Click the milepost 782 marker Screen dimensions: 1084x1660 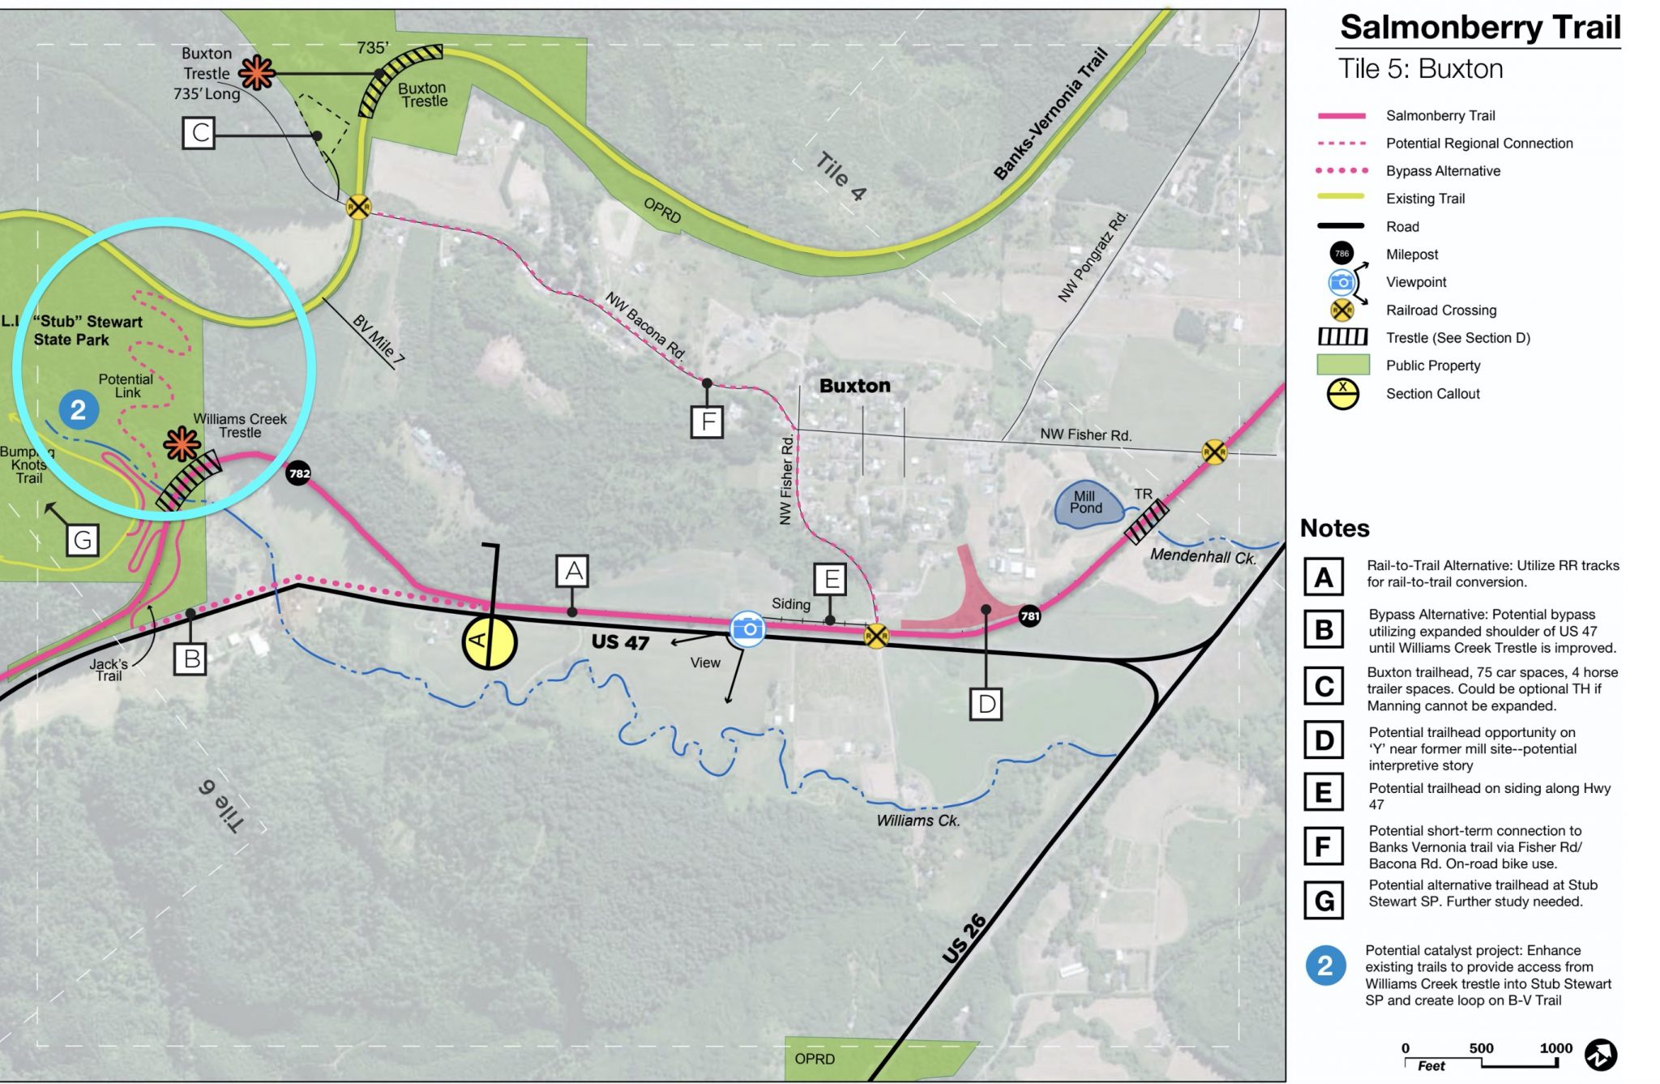coord(299,473)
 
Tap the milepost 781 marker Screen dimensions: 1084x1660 coord(1029,616)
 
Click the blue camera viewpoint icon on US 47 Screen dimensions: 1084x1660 coord(747,629)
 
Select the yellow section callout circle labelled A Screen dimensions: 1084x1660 coord(489,642)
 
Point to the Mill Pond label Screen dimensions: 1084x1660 coord(1086,503)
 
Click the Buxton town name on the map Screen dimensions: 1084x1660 coord(854,386)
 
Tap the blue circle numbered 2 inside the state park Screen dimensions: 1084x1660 coord(79,409)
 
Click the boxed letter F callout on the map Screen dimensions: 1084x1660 coord(708,422)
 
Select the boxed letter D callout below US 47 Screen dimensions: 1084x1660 coord(986,704)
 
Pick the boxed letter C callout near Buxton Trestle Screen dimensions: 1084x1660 coord(199,133)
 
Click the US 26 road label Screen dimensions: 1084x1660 coord(965,939)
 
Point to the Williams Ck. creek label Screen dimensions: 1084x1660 coord(918,820)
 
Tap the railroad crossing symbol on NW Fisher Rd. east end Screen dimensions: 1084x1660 coord(1213,452)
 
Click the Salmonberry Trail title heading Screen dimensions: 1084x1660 coord(1480,28)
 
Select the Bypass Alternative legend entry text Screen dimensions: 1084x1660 coord(1443,171)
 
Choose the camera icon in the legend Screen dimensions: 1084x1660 coord(1341,282)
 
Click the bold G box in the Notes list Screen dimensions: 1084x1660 coord(1324,900)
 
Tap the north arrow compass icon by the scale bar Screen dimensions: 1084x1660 coord(1600,1055)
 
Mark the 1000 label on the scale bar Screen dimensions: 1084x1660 coord(1555,1048)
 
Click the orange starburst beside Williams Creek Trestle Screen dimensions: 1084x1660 coord(182,444)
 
